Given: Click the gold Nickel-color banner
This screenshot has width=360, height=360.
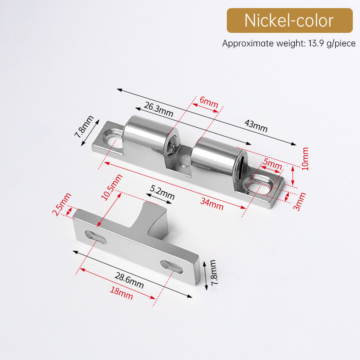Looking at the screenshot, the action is (289, 20).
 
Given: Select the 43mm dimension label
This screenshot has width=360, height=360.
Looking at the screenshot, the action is (256, 126).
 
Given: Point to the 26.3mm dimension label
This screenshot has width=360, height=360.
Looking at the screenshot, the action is (158, 109).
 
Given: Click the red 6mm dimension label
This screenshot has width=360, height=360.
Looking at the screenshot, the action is (209, 102).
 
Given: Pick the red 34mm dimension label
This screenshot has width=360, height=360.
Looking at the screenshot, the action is (211, 204).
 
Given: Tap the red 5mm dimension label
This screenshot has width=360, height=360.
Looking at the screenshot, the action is (273, 163).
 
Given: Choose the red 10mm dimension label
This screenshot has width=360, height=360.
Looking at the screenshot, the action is (305, 159).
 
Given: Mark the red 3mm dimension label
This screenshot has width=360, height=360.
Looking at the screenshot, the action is (300, 202).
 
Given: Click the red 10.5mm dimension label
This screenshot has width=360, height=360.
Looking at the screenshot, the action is (112, 187).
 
